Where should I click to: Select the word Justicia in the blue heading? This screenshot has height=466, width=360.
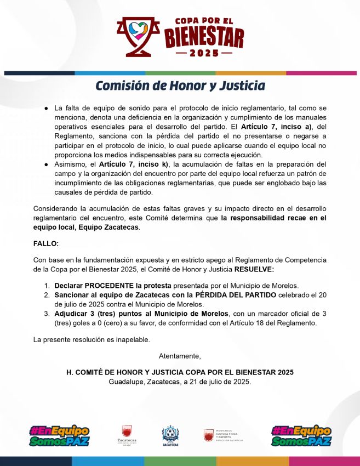[x=241, y=86]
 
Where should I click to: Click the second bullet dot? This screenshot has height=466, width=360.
[x=47, y=164]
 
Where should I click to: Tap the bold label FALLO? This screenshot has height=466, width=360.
[x=45, y=243]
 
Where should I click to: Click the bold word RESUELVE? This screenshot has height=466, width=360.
[x=254, y=269]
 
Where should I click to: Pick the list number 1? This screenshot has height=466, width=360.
[x=47, y=286]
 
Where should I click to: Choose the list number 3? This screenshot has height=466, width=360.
[x=47, y=314]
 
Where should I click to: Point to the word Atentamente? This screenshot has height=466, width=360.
[x=180, y=356]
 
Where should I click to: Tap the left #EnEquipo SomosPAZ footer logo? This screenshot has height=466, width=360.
[x=59, y=436]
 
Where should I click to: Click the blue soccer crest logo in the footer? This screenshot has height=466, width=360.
[x=170, y=436]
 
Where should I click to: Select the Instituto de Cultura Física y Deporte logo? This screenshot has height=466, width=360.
[x=224, y=435]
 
